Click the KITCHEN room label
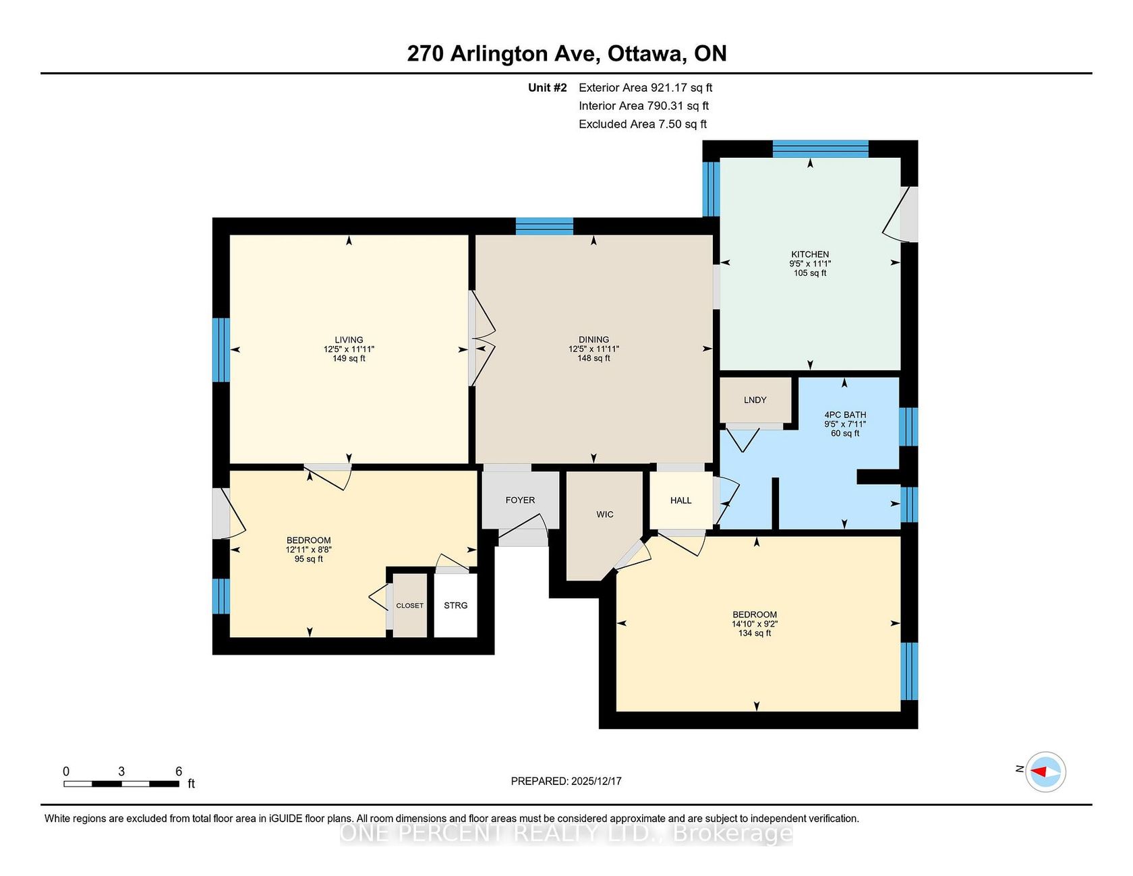point(810,254)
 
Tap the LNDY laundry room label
point(755,400)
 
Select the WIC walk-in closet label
point(605,515)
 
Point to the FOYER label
point(520,500)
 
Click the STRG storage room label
point(456,606)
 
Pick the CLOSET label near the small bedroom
point(410,606)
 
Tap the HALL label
point(681,500)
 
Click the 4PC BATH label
point(845,415)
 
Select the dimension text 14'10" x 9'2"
point(755,624)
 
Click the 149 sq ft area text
point(349,358)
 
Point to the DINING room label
point(593,340)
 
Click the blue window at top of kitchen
point(820,149)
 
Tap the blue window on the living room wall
point(221,350)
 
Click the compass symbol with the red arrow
point(1045,771)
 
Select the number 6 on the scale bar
point(179,771)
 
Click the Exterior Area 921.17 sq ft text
point(645,88)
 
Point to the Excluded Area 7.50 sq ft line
point(643,124)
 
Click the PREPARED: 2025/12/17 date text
point(566,781)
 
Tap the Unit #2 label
point(548,88)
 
